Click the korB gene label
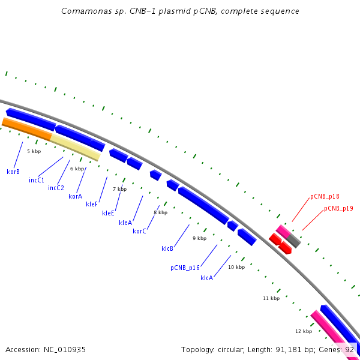[13, 172]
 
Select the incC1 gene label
[37, 180]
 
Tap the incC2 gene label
[56, 188]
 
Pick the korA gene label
[75, 196]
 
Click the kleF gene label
[92, 204]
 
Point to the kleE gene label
[108, 213]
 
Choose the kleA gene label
[125, 223]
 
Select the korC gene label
[139, 231]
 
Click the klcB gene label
[167, 248]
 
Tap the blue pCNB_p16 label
[184, 268]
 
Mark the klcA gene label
[206, 278]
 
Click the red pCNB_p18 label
[325, 196]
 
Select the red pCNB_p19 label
[338, 208]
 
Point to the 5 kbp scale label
[34, 151]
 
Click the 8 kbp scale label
[160, 212]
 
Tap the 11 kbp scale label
[271, 298]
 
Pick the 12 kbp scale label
[304, 331]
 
